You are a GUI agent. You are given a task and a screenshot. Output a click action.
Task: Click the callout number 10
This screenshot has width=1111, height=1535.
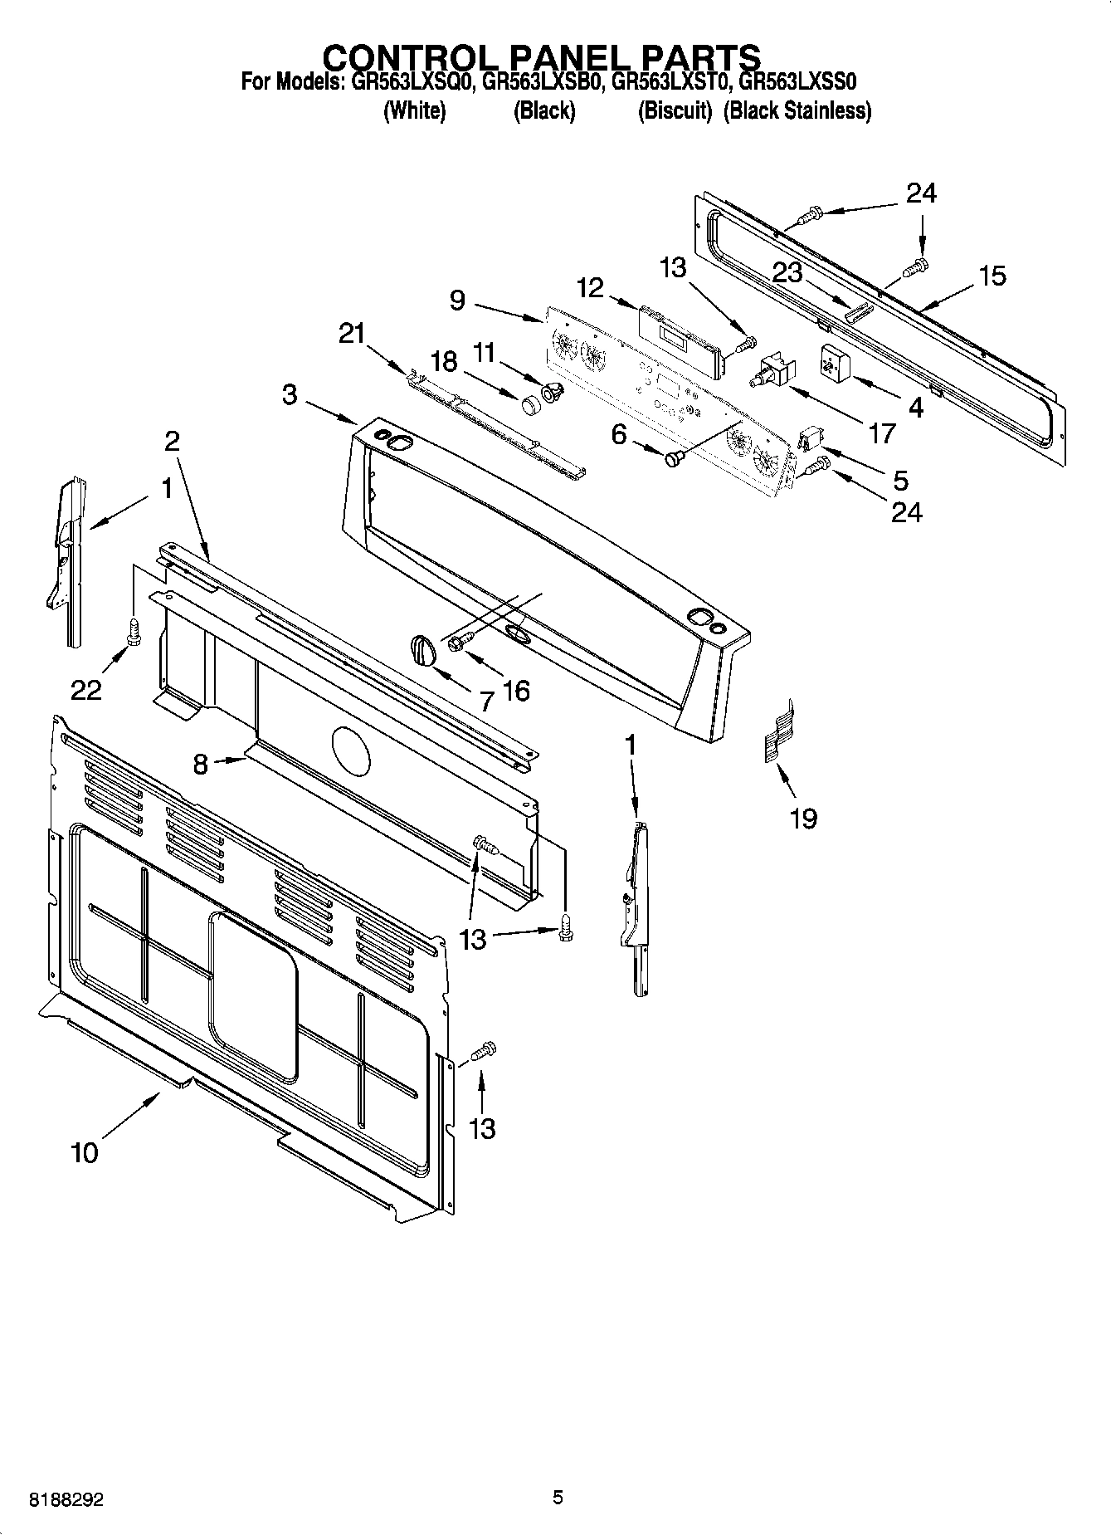(x=85, y=1152)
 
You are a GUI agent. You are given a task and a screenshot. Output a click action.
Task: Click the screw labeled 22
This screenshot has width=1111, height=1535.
(x=133, y=631)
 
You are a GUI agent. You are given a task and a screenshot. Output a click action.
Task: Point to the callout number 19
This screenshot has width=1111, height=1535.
(x=804, y=819)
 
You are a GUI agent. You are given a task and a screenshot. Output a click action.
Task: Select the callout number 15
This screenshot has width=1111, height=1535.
(x=992, y=276)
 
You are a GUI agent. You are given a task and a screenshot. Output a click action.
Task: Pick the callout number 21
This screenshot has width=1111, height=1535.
(x=352, y=334)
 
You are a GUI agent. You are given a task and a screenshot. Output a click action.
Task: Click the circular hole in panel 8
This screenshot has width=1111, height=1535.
(x=352, y=750)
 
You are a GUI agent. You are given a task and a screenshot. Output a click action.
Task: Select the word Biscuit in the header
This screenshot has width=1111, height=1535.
(x=675, y=110)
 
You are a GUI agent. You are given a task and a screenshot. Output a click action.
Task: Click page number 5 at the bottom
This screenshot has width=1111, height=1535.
(x=558, y=1497)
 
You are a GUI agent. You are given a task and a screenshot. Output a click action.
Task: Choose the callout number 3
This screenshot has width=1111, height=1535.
(x=289, y=394)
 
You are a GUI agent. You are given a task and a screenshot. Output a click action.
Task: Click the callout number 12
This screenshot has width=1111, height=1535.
(x=590, y=288)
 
